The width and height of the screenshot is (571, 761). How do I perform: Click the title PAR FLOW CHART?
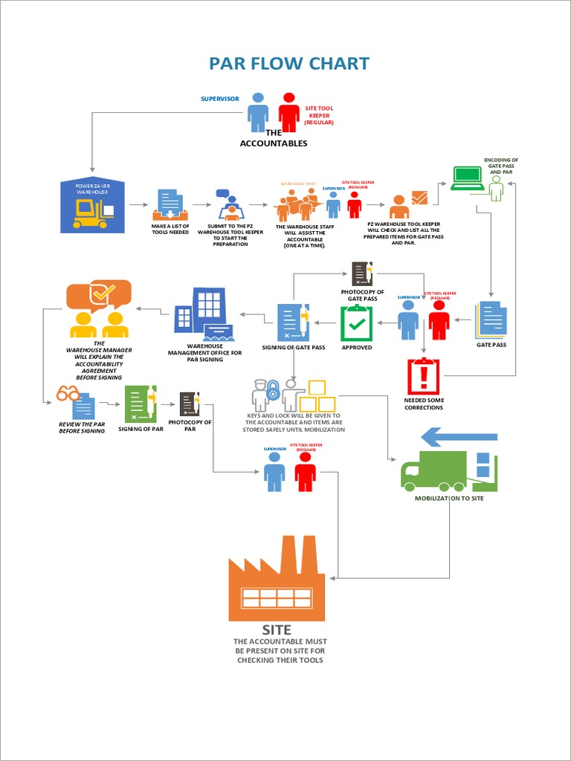(288, 64)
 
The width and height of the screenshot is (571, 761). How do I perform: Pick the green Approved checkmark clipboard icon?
(356, 323)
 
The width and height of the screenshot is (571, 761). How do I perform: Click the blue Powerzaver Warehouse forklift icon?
(92, 207)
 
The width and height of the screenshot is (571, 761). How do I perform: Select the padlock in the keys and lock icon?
(273, 388)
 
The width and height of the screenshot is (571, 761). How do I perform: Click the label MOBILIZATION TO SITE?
(449, 498)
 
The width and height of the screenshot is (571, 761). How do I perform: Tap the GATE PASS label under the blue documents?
(491, 345)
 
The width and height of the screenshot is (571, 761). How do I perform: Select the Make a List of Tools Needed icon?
(170, 205)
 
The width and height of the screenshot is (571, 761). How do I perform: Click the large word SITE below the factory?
(277, 630)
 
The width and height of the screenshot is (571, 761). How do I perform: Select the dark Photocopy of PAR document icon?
(190, 404)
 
